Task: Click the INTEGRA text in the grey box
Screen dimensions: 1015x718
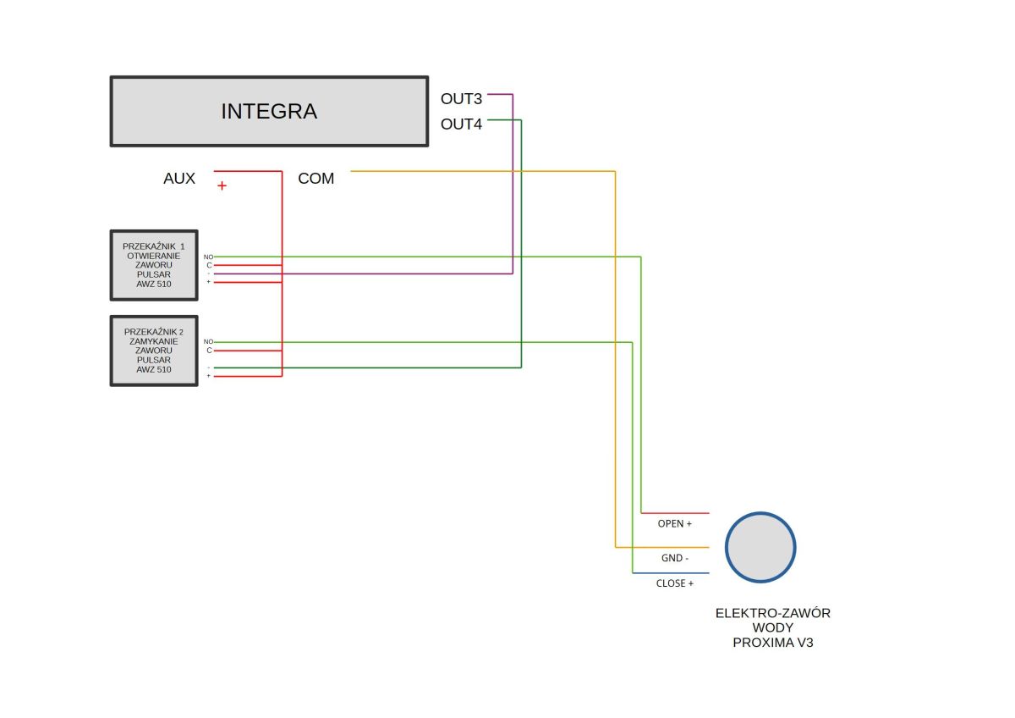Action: tap(269, 112)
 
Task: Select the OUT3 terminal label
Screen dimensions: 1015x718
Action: tap(461, 99)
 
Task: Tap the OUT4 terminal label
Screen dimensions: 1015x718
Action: tap(461, 124)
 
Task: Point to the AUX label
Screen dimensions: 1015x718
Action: tap(179, 179)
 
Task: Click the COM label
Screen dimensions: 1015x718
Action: tap(315, 179)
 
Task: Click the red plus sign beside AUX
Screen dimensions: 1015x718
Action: tap(222, 185)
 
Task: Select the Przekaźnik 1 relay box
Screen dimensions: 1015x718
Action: tap(154, 265)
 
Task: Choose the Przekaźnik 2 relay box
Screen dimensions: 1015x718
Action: tap(154, 351)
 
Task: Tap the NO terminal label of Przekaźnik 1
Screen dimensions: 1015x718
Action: tap(208, 257)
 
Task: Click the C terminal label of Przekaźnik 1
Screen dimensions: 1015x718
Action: tap(210, 265)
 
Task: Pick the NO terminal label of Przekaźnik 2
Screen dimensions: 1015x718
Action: tap(208, 341)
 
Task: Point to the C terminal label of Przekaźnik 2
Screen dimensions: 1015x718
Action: tap(210, 351)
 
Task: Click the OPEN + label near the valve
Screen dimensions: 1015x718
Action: tap(675, 524)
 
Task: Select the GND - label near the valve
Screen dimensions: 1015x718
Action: tap(675, 558)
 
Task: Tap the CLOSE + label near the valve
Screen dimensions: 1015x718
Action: tap(675, 583)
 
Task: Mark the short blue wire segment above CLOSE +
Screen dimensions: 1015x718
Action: tap(671, 573)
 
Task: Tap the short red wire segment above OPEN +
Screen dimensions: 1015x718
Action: tap(675, 513)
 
